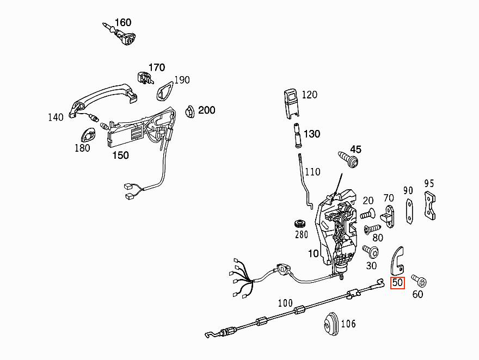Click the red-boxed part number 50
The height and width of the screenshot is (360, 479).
[x=397, y=283]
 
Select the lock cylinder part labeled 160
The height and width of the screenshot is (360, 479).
[x=121, y=34]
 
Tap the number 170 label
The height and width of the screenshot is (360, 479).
[x=156, y=67]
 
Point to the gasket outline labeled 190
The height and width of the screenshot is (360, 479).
[x=164, y=91]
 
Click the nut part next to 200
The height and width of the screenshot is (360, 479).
[x=190, y=111]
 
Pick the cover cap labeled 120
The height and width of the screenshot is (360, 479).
[x=291, y=103]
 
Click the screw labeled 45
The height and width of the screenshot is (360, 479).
[x=349, y=159]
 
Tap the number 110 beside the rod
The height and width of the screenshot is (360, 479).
[x=312, y=172]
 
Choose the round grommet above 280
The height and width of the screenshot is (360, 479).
[x=300, y=224]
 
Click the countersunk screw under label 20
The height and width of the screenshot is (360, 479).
[x=367, y=214]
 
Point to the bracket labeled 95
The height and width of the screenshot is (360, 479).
[x=430, y=206]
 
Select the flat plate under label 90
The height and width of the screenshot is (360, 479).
[x=409, y=211]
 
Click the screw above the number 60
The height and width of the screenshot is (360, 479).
[x=419, y=281]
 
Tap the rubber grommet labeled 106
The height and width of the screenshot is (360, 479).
[x=331, y=324]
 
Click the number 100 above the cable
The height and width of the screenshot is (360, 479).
[x=285, y=303]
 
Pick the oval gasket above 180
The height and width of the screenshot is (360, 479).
[x=88, y=135]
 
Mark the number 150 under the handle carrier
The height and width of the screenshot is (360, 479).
[x=120, y=156]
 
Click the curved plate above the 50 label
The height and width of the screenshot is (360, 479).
[x=397, y=260]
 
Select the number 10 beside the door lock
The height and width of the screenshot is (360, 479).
[x=314, y=253]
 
